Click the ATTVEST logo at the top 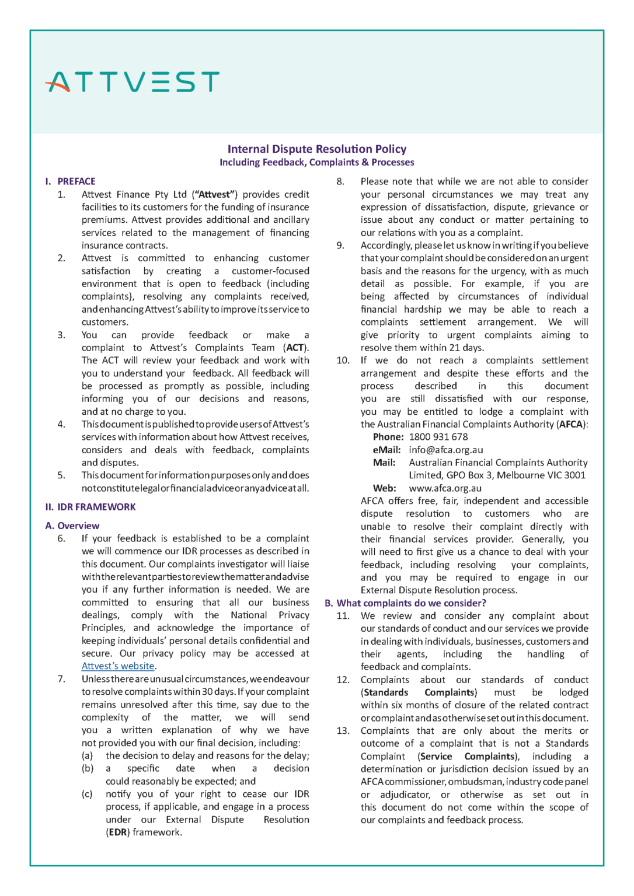[133, 82]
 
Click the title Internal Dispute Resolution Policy [316, 149]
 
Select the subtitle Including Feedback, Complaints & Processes [316, 162]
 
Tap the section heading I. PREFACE [71, 181]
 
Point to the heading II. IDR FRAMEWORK [90, 507]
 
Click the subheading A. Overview [72, 526]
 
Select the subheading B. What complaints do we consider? [405, 603]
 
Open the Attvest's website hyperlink [118, 666]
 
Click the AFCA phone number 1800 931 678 [438, 437]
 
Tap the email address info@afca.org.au [445, 450]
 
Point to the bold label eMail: [386, 450]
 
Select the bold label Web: [384, 488]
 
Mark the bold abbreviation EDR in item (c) [118, 832]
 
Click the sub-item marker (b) [88, 768]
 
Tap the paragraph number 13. [343, 730]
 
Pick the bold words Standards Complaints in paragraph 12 [418, 692]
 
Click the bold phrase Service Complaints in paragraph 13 [468, 756]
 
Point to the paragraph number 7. [61, 679]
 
